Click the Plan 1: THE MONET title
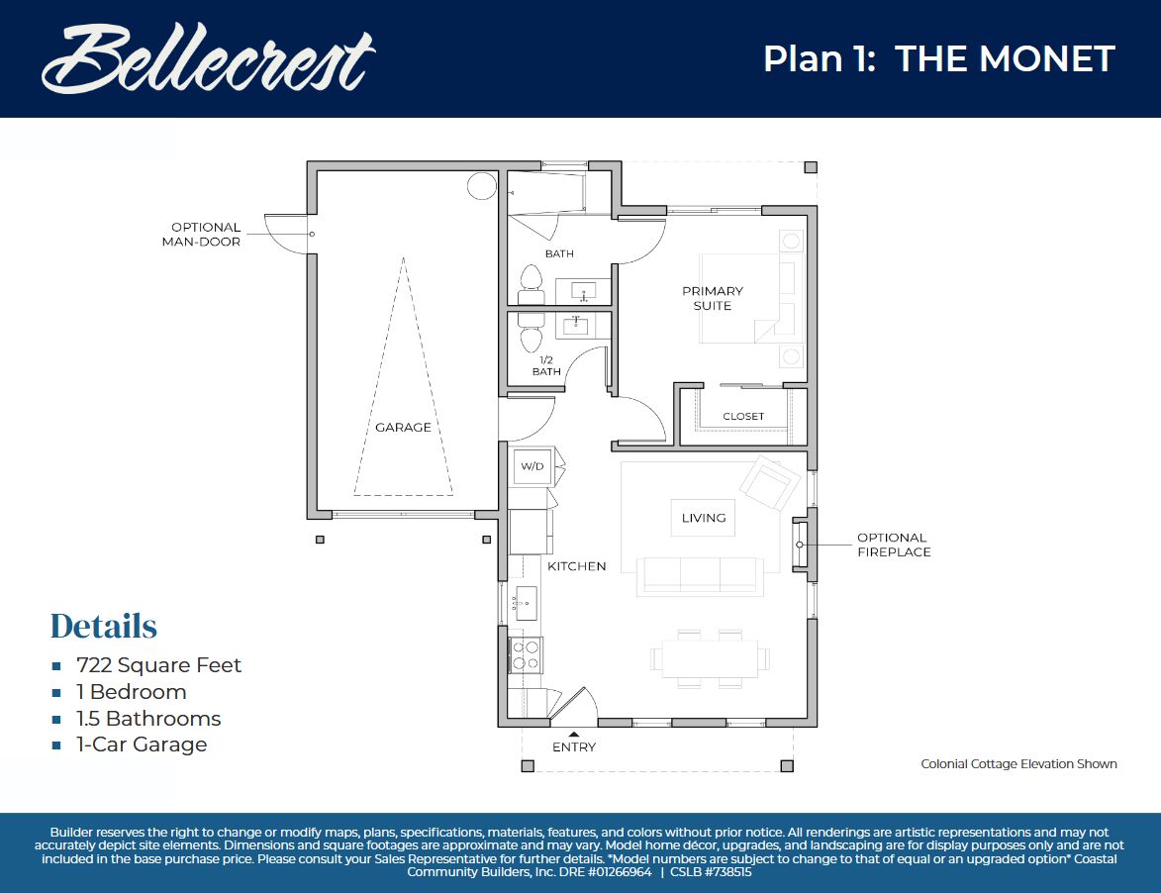pyautogui.click(x=938, y=59)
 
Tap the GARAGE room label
pyautogui.click(x=403, y=428)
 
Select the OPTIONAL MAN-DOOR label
pyautogui.click(x=205, y=235)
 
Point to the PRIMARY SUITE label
pyautogui.click(x=713, y=298)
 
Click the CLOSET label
pyautogui.click(x=743, y=417)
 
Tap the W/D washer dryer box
pyautogui.click(x=532, y=466)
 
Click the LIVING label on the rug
pyautogui.click(x=704, y=518)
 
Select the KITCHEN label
pyautogui.click(x=576, y=566)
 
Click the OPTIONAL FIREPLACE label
pyautogui.click(x=894, y=546)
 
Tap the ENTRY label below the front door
pyautogui.click(x=574, y=747)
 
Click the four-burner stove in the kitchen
pyautogui.click(x=526, y=654)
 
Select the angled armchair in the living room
pyautogui.click(x=771, y=483)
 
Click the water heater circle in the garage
pyautogui.click(x=481, y=185)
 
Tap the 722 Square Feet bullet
pyautogui.click(x=158, y=665)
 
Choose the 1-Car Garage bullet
pyautogui.click(x=142, y=744)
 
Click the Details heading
pyautogui.click(x=104, y=626)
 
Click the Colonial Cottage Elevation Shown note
pyautogui.click(x=1018, y=764)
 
